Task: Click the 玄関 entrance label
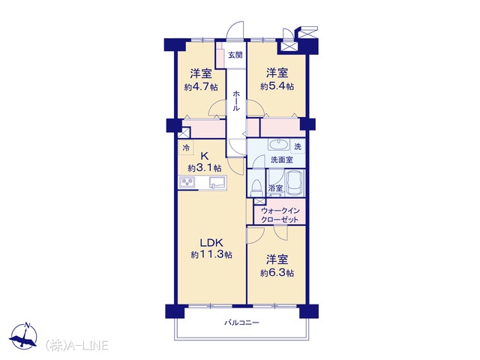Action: point(235,55)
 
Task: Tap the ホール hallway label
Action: point(236,100)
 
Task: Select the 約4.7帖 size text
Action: point(201,87)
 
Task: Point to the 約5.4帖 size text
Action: point(277,86)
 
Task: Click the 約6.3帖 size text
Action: point(277,273)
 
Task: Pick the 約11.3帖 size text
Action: point(211,254)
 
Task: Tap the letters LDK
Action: point(211,243)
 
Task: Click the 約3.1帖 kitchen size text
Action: point(205,168)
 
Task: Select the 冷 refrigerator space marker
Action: point(186,148)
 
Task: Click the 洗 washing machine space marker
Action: point(298,147)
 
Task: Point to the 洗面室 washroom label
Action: point(282,160)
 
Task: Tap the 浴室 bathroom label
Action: point(275,188)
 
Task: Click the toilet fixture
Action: point(256,187)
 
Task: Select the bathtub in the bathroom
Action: point(295,183)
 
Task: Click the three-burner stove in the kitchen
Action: point(187,183)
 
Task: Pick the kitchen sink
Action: point(217,183)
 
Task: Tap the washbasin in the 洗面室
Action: point(278,144)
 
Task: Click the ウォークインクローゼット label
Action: point(280,215)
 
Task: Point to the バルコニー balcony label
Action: point(241,322)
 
